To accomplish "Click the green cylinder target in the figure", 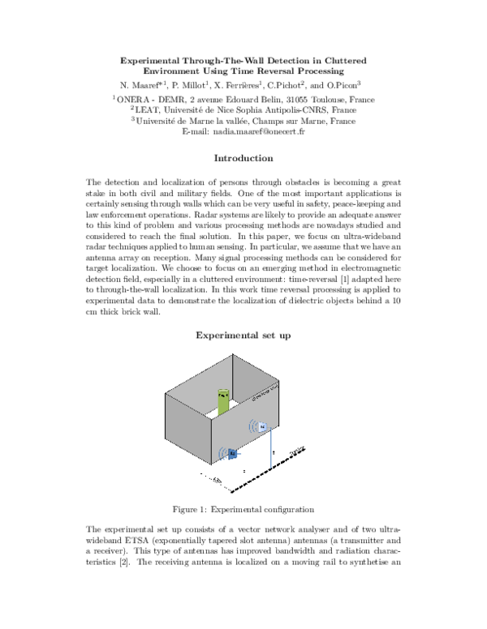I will (223, 403).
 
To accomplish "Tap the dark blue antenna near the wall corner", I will (231, 454).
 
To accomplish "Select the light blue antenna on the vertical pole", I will (262, 426).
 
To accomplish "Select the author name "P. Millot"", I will (192, 84).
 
